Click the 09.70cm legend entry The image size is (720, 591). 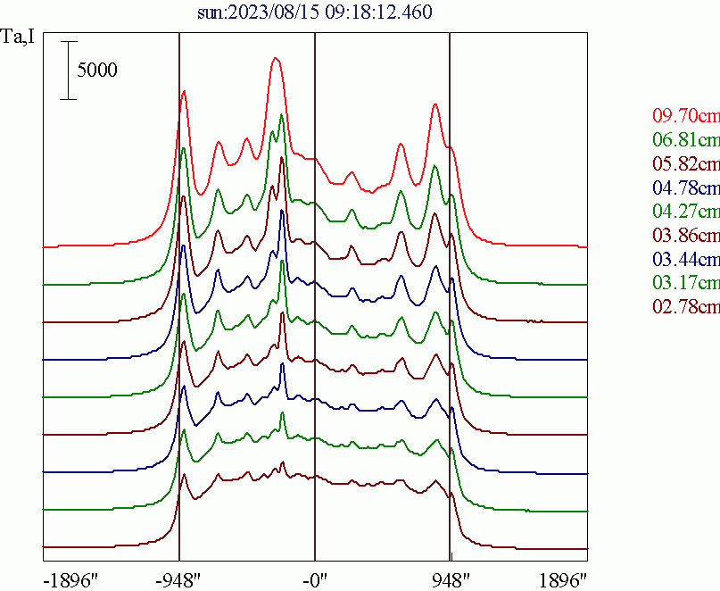pyautogui.click(x=685, y=116)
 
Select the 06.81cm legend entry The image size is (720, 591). pyautogui.click(x=685, y=140)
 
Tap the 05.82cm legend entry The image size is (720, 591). pyautogui.click(x=685, y=164)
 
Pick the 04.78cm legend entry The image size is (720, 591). pyautogui.click(x=685, y=188)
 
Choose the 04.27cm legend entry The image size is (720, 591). pyautogui.click(x=685, y=212)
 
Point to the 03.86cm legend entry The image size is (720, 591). pyautogui.click(x=685, y=236)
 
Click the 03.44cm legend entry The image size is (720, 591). pyautogui.click(x=685, y=260)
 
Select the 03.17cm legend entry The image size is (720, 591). pyautogui.click(x=685, y=284)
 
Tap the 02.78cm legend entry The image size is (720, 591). pyautogui.click(x=685, y=308)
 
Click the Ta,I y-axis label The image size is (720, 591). pyautogui.click(x=19, y=37)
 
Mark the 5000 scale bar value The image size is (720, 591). pyautogui.click(x=96, y=71)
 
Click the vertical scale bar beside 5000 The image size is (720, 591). pyautogui.click(x=69, y=70)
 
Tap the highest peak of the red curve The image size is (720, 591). pyautogui.click(x=276, y=59)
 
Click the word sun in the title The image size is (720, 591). pyautogui.click(x=211, y=12)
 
